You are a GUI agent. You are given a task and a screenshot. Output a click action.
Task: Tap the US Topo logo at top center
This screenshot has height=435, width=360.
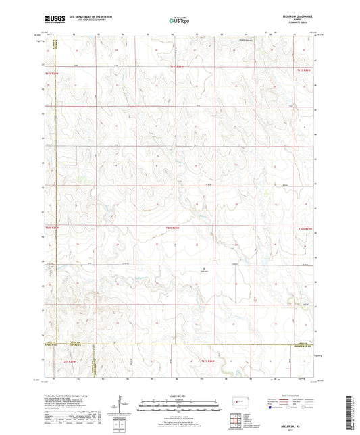coord(180,21)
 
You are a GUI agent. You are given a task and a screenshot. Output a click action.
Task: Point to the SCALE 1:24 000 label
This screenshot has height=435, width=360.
coord(180,396)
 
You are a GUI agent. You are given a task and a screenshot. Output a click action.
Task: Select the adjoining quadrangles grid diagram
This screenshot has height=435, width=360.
coord(234,421)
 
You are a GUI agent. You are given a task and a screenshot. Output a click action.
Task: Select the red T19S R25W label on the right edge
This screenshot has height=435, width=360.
coord(305,69)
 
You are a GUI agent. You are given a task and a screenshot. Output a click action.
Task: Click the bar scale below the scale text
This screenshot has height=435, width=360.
coord(180,407)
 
